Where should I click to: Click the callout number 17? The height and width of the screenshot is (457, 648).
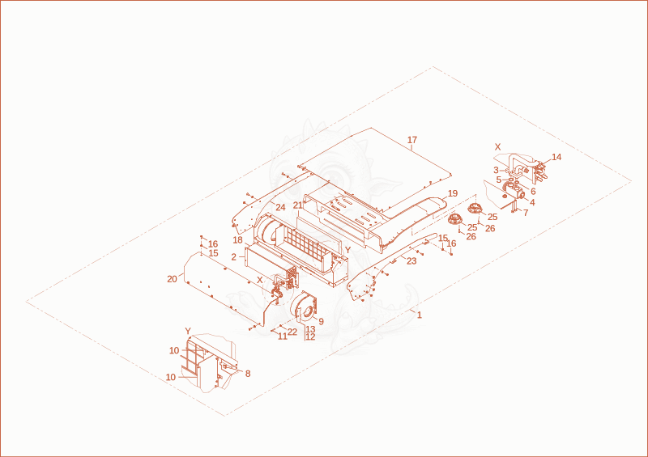[x=412, y=140]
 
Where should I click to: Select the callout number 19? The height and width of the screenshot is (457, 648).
[x=453, y=193]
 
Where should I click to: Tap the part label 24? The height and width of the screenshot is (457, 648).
[x=280, y=208]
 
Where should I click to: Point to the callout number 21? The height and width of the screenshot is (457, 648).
[x=298, y=205]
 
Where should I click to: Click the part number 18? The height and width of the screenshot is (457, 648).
[x=237, y=240]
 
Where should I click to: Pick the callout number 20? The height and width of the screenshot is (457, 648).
[x=172, y=280]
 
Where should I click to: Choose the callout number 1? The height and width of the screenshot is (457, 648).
[x=420, y=315]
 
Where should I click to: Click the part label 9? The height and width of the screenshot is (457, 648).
[x=321, y=321]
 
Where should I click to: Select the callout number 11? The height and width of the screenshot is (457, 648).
[x=282, y=336]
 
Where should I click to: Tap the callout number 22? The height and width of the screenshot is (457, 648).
[x=292, y=332]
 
